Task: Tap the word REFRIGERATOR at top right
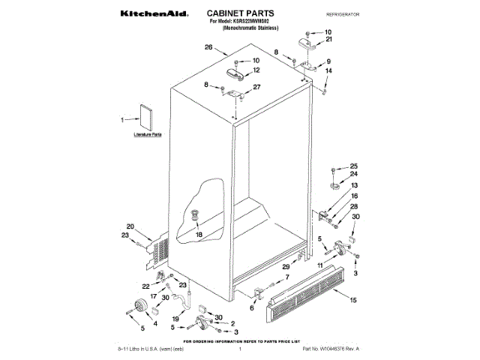pos(343,14)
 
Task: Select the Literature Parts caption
pos(147,133)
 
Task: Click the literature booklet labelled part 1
pos(145,118)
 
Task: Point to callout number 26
pos(208,47)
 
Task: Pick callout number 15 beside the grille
pos(352,301)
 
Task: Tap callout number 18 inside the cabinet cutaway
pos(199,234)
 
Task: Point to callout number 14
pos(328,71)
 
